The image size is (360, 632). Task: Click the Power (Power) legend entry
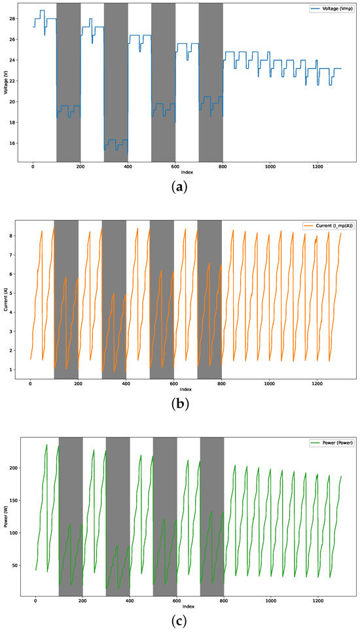[x=334, y=443]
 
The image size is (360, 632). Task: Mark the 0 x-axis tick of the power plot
[x=35, y=601]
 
